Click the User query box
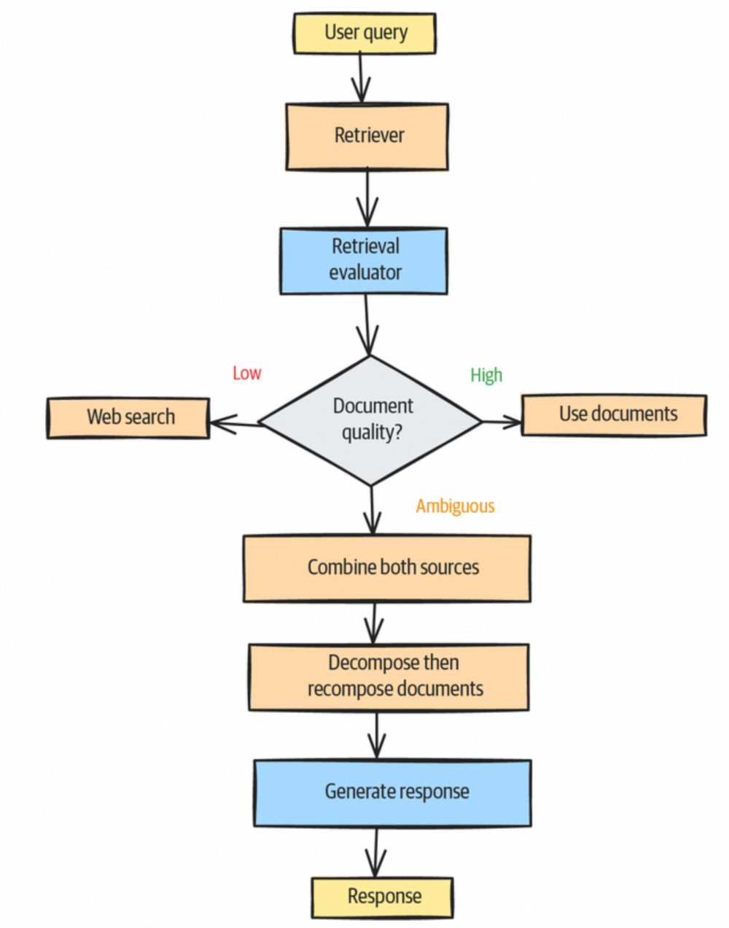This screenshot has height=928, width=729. pyautogui.click(x=364, y=33)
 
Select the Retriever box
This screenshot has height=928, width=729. pyautogui.click(x=367, y=136)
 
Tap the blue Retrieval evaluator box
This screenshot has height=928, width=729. pyautogui.click(x=364, y=260)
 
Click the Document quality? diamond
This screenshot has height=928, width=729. pyautogui.click(x=370, y=420)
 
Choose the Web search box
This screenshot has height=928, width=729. pyautogui.click(x=128, y=417)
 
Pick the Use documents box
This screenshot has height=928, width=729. pyautogui.click(x=614, y=414)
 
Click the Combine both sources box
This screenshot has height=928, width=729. pyautogui.click(x=387, y=568)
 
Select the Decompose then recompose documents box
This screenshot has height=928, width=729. pyautogui.click(x=389, y=676)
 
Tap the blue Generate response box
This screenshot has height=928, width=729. pyautogui.click(x=392, y=793)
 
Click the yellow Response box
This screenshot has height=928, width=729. pyautogui.click(x=383, y=897)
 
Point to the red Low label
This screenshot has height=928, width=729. pyautogui.click(x=246, y=374)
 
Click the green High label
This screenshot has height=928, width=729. pyautogui.click(x=486, y=375)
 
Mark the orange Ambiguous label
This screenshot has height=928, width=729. pyautogui.click(x=455, y=506)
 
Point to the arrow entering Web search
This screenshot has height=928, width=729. pyautogui.click(x=235, y=422)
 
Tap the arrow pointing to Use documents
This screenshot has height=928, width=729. pyautogui.click(x=502, y=421)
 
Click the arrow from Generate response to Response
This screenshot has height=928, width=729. pyautogui.click(x=375, y=852)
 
